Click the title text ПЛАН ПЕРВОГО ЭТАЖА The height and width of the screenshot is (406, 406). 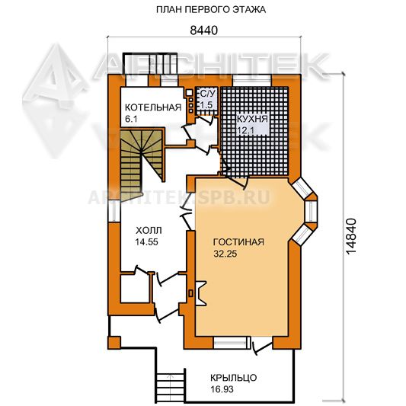pyautogui.click(x=211, y=10)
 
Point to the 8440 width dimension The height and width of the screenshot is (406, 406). pyautogui.click(x=204, y=30)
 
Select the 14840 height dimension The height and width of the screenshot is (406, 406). pyautogui.click(x=351, y=236)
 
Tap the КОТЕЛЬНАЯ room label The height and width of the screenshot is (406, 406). pyautogui.click(x=153, y=107)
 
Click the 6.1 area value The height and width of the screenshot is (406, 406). pyautogui.click(x=131, y=119)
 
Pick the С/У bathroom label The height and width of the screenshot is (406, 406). pyautogui.click(x=206, y=94)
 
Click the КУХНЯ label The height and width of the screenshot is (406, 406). pyautogui.click(x=252, y=119)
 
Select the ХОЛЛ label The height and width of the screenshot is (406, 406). pyautogui.click(x=149, y=230)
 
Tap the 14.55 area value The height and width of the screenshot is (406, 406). pyautogui.click(x=146, y=241)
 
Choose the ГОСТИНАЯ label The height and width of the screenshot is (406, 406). pyautogui.click(x=238, y=242)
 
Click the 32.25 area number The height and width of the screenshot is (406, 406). pyautogui.click(x=225, y=254)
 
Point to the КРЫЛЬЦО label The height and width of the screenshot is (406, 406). pyautogui.click(x=234, y=378)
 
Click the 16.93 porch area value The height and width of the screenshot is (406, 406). pyautogui.click(x=222, y=389)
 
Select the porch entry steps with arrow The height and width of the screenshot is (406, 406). pyautogui.click(x=171, y=386)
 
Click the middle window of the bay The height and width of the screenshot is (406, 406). pyautogui.click(x=311, y=212)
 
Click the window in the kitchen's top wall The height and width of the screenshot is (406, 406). pyautogui.click(x=251, y=80)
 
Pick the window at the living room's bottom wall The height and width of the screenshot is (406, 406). pyautogui.click(x=230, y=343)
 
